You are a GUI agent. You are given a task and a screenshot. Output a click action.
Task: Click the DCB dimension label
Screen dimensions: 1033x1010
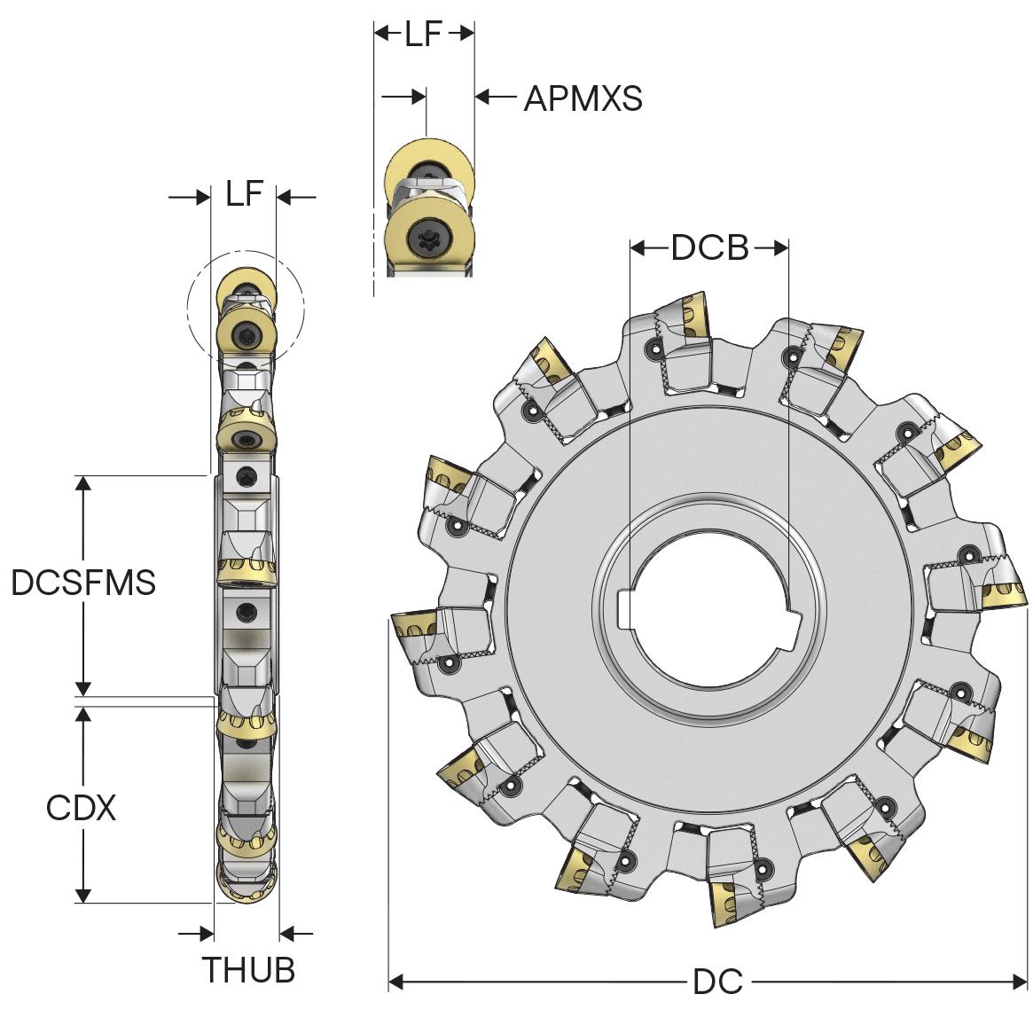709,247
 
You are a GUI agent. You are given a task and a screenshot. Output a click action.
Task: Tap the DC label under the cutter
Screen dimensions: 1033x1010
718,982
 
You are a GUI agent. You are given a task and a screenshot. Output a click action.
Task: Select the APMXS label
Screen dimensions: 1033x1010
583,98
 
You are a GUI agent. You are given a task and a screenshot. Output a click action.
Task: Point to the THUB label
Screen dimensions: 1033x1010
248,970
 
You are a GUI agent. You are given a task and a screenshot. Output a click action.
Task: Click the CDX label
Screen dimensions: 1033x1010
81,808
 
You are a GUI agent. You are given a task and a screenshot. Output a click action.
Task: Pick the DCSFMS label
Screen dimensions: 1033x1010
83,583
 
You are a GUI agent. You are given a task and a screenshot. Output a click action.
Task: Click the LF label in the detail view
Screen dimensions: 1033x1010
423,35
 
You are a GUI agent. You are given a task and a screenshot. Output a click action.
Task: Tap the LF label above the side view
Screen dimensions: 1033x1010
245,193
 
